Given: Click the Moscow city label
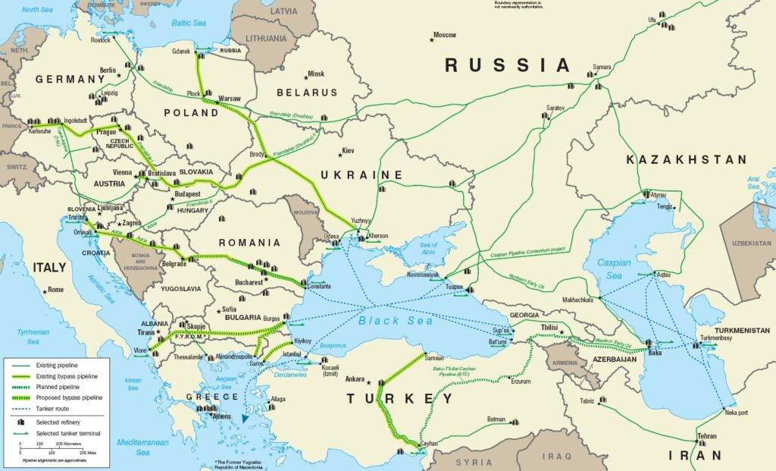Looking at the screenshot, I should click(x=445, y=36).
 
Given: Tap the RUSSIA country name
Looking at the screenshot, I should click(x=507, y=65).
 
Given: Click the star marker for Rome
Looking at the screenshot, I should click(x=45, y=290).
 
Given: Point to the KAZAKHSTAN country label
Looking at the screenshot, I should click(x=687, y=160).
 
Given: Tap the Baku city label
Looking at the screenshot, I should click(x=656, y=353).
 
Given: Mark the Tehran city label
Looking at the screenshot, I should click(x=706, y=437).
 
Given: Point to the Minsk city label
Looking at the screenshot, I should click(x=315, y=74).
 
